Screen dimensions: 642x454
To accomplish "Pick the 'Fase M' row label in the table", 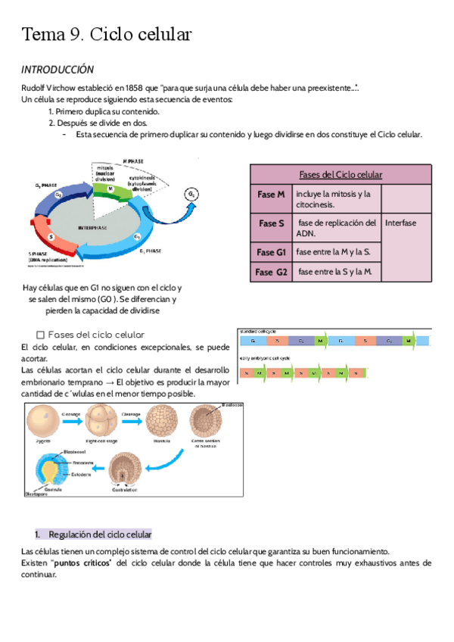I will coord(271,195).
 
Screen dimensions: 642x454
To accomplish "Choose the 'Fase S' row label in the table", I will coord(271,224).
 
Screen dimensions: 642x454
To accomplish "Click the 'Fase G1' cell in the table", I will coord(271,252).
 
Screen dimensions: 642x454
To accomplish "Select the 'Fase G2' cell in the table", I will coord(271,272).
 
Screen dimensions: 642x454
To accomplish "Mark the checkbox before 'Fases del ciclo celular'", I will coord(41,335).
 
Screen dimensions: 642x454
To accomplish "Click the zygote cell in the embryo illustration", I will coord(42,420).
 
